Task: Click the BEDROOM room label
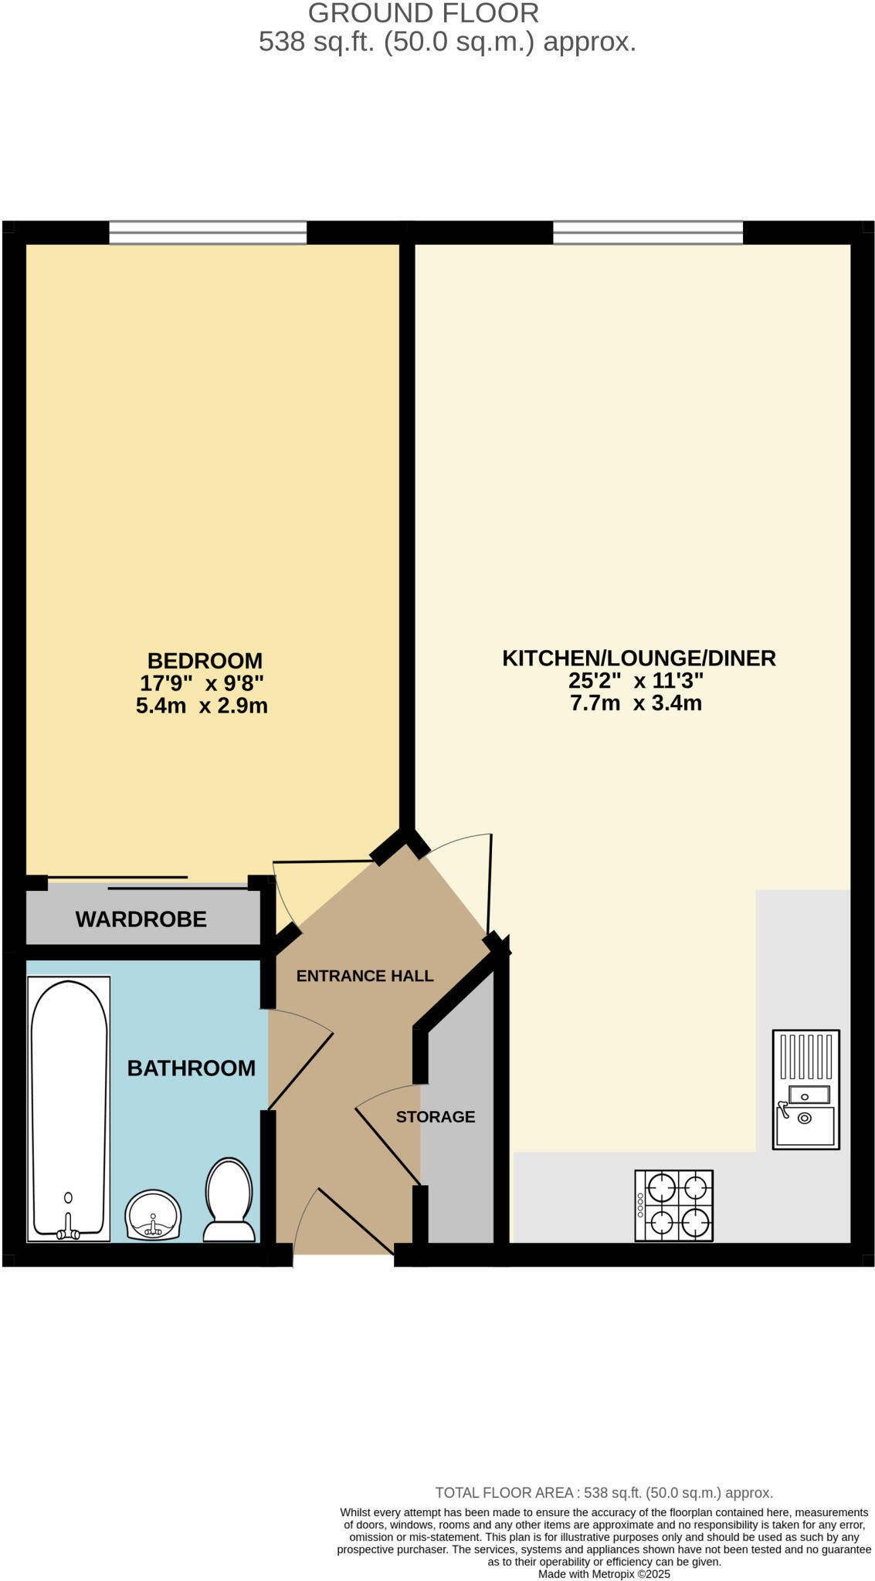point(205,661)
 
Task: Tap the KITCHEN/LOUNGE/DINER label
point(639,658)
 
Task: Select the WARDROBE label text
point(141,919)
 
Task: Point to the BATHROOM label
point(191,1068)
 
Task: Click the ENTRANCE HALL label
point(365,976)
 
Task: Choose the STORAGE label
point(436,1117)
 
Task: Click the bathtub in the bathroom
point(69,1108)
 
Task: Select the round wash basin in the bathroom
point(153,1214)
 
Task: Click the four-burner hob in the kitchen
point(673,1205)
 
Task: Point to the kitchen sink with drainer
point(805,1089)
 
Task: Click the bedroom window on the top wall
point(208,232)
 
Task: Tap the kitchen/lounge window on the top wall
point(648,232)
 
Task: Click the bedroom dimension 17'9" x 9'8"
point(202,683)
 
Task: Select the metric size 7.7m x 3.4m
point(636,703)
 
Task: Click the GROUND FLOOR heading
point(423,13)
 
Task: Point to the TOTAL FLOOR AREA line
point(604,1492)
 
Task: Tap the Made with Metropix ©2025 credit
point(604,1574)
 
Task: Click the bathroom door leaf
point(300,1071)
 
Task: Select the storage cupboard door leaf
point(388,1146)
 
